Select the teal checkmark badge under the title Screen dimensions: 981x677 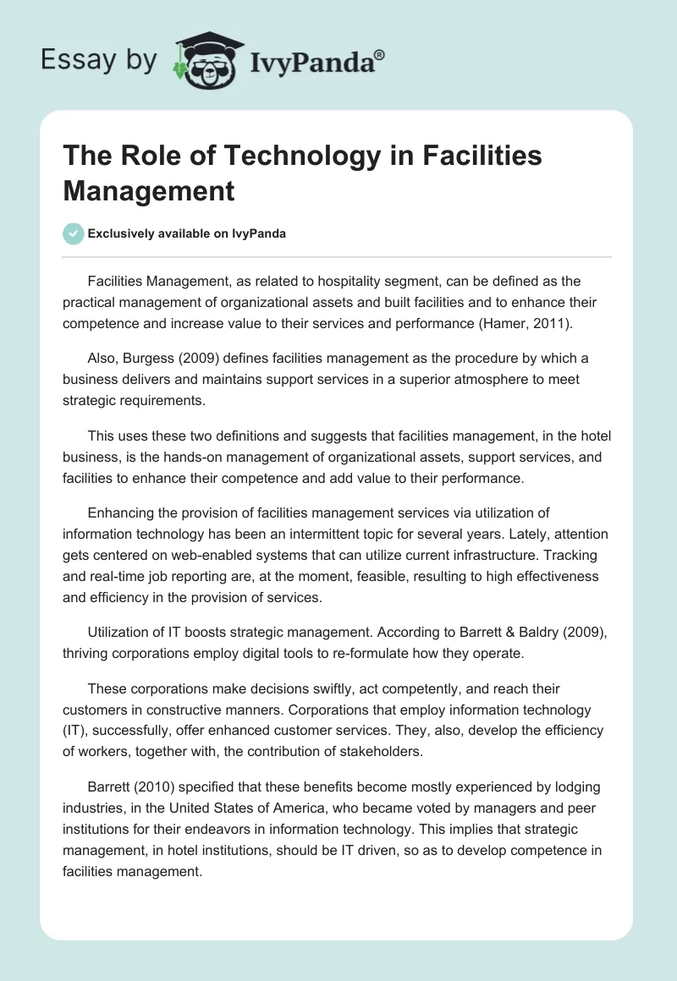(74, 233)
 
